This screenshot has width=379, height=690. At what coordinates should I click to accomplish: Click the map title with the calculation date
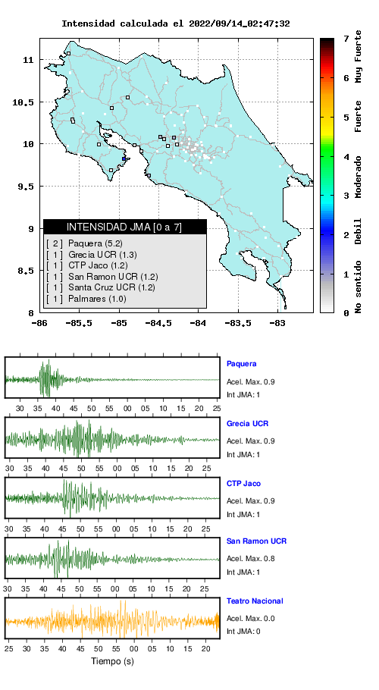coord(175,24)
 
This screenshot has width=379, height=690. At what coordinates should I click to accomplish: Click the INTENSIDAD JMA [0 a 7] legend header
coord(124,227)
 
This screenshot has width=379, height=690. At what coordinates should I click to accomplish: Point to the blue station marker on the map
coord(124,159)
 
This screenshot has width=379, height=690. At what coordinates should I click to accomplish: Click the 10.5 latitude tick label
coord(23,102)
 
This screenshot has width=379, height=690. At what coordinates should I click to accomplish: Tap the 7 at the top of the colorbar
coord(346,39)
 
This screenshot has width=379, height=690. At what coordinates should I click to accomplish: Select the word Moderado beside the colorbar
coord(359,177)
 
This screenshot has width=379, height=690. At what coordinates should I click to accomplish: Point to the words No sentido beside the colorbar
coord(359,287)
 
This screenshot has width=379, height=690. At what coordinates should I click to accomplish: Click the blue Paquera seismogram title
coord(241,364)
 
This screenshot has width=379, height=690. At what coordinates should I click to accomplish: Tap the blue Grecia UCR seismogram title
coord(248,424)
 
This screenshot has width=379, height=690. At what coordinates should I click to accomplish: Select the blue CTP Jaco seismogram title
coord(243,484)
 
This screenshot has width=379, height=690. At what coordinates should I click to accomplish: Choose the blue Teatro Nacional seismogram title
coord(255,601)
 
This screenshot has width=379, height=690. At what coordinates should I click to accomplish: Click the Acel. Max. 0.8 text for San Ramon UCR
coord(251,559)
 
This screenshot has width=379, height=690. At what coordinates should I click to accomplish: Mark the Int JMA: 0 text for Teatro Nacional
coord(243,632)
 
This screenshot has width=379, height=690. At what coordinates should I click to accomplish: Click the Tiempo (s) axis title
coord(112,661)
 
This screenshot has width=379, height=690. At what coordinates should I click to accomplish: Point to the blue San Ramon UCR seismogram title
coord(256,541)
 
